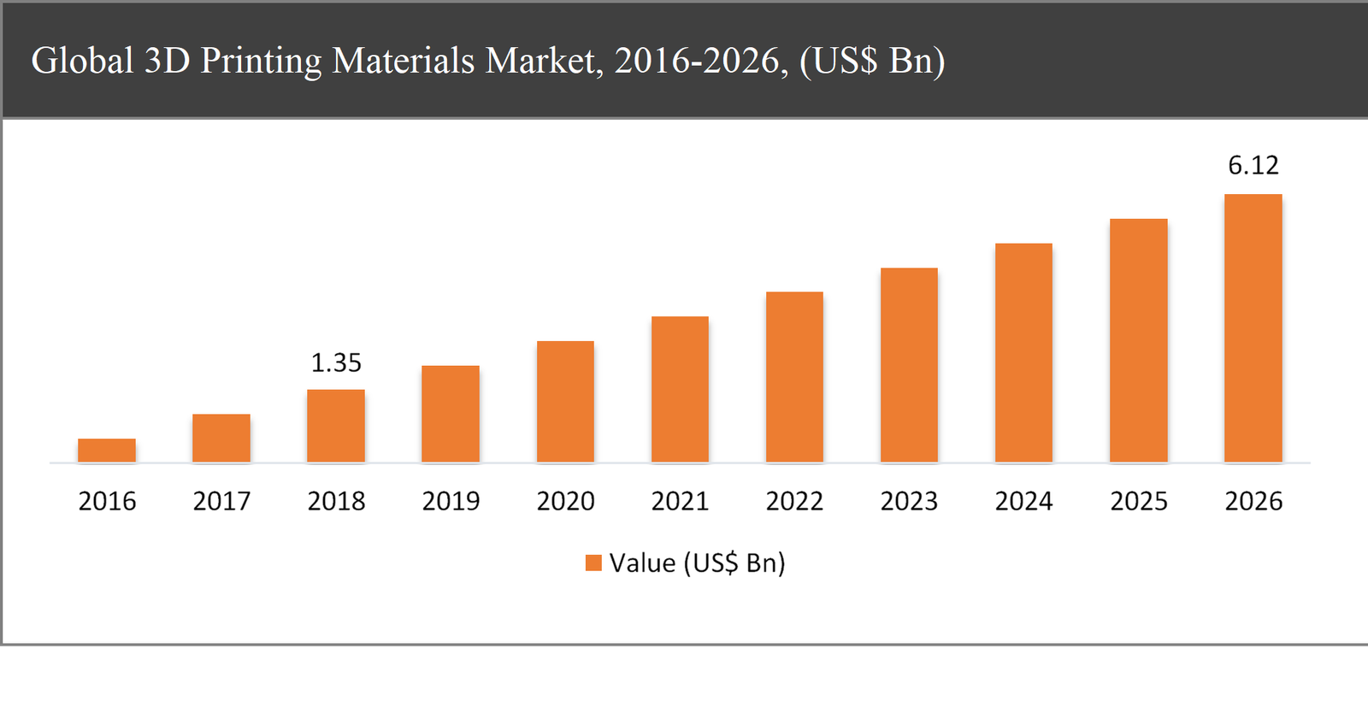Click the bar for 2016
click(x=107, y=451)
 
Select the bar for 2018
click(x=336, y=426)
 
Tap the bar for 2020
click(x=565, y=402)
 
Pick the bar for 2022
click(x=794, y=377)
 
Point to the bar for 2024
click(x=1023, y=353)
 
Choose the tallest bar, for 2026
click(x=1253, y=328)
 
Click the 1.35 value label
click(x=336, y=363)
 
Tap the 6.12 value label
click(x=1253, y=165)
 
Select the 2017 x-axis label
click(x=221, y=501)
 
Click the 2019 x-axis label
click(x=451, y=501)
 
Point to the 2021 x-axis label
click(x=680, y=501)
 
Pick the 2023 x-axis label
click(x=909, y=501)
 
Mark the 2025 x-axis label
click(x=1139, y=501)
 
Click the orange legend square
click(x=593, y=563)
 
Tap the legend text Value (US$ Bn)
click(x=697, y=563)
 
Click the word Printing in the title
click(x=261, y=62)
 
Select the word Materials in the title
click(x=403, y=62)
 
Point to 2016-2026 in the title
click(x=700, y=62)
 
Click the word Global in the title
click(x=82, y=62)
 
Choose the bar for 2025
click(x=1138, y=340)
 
